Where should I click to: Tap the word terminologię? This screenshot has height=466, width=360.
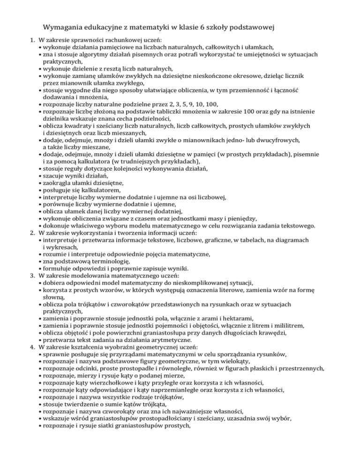coord(124,261)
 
